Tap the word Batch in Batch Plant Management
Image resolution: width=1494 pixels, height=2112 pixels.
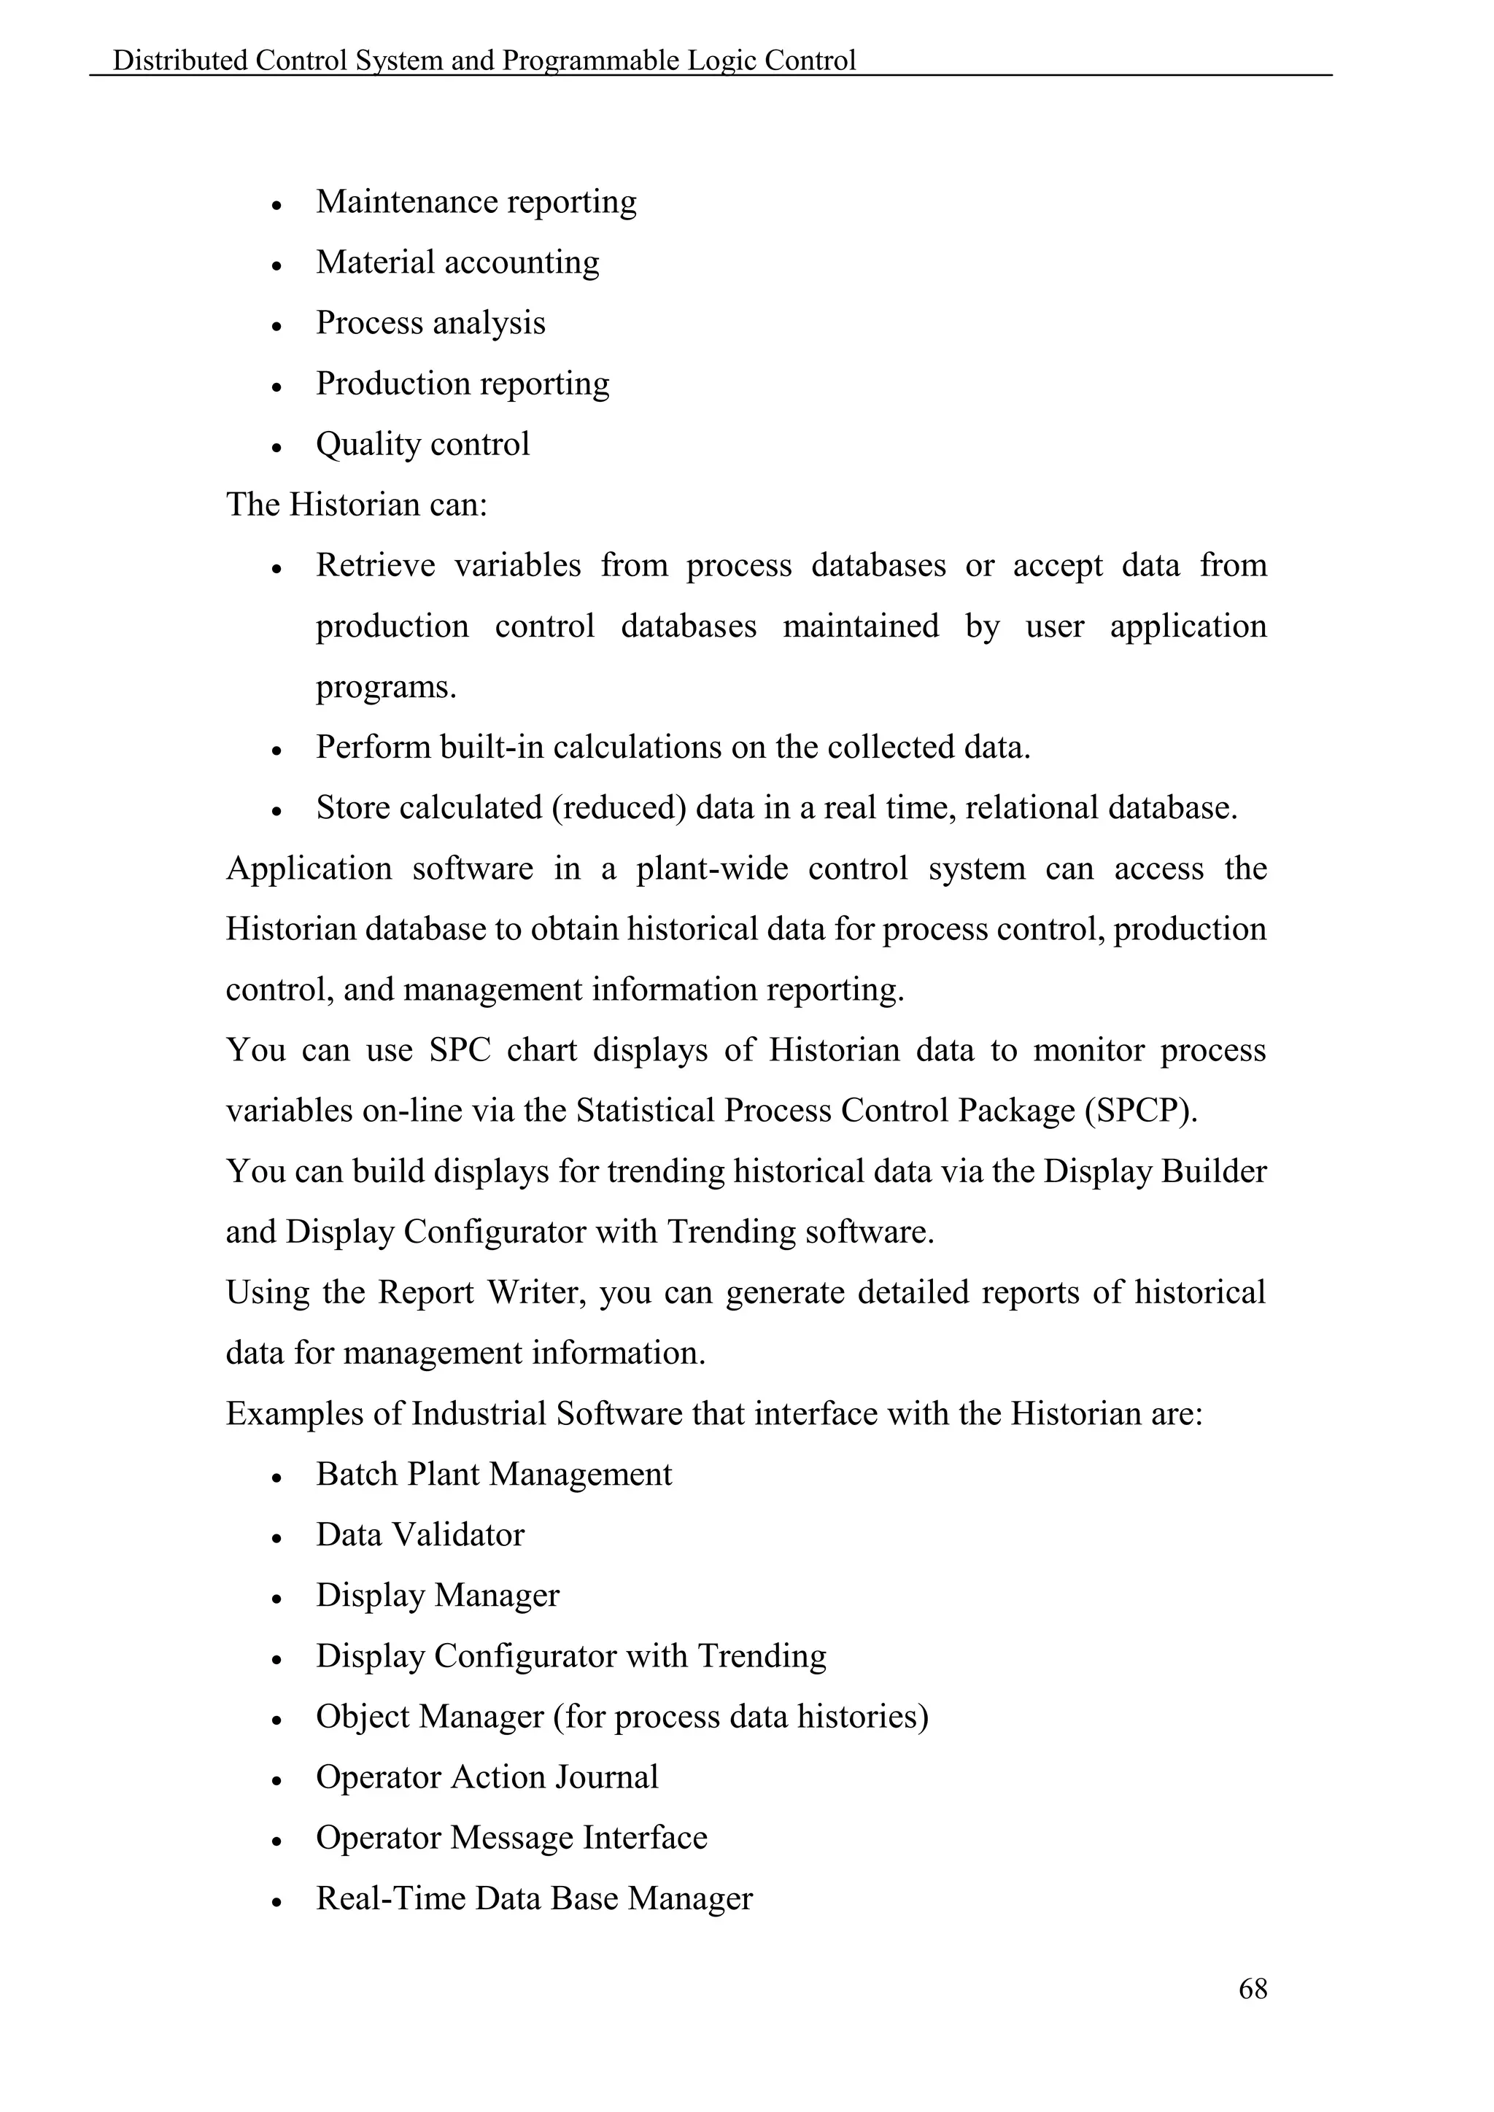357,1475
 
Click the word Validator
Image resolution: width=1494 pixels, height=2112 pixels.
471,1535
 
